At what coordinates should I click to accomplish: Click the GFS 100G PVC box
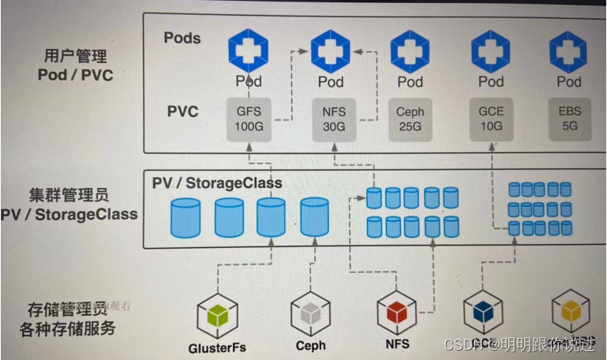tap(249, 119)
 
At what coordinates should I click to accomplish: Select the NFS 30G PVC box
tap(330, 119)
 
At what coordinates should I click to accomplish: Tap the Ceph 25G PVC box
tap(410, 119)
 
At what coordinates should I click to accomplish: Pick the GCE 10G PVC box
tap(491, 119)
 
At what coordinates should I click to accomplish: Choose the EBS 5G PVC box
tap(569, 119)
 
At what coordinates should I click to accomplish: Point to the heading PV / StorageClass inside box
tap(217, 183)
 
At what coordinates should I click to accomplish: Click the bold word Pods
tap(182, 37)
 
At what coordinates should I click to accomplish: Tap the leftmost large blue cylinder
tap(186, 219)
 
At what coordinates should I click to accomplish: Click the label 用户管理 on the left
tap(76, 56)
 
